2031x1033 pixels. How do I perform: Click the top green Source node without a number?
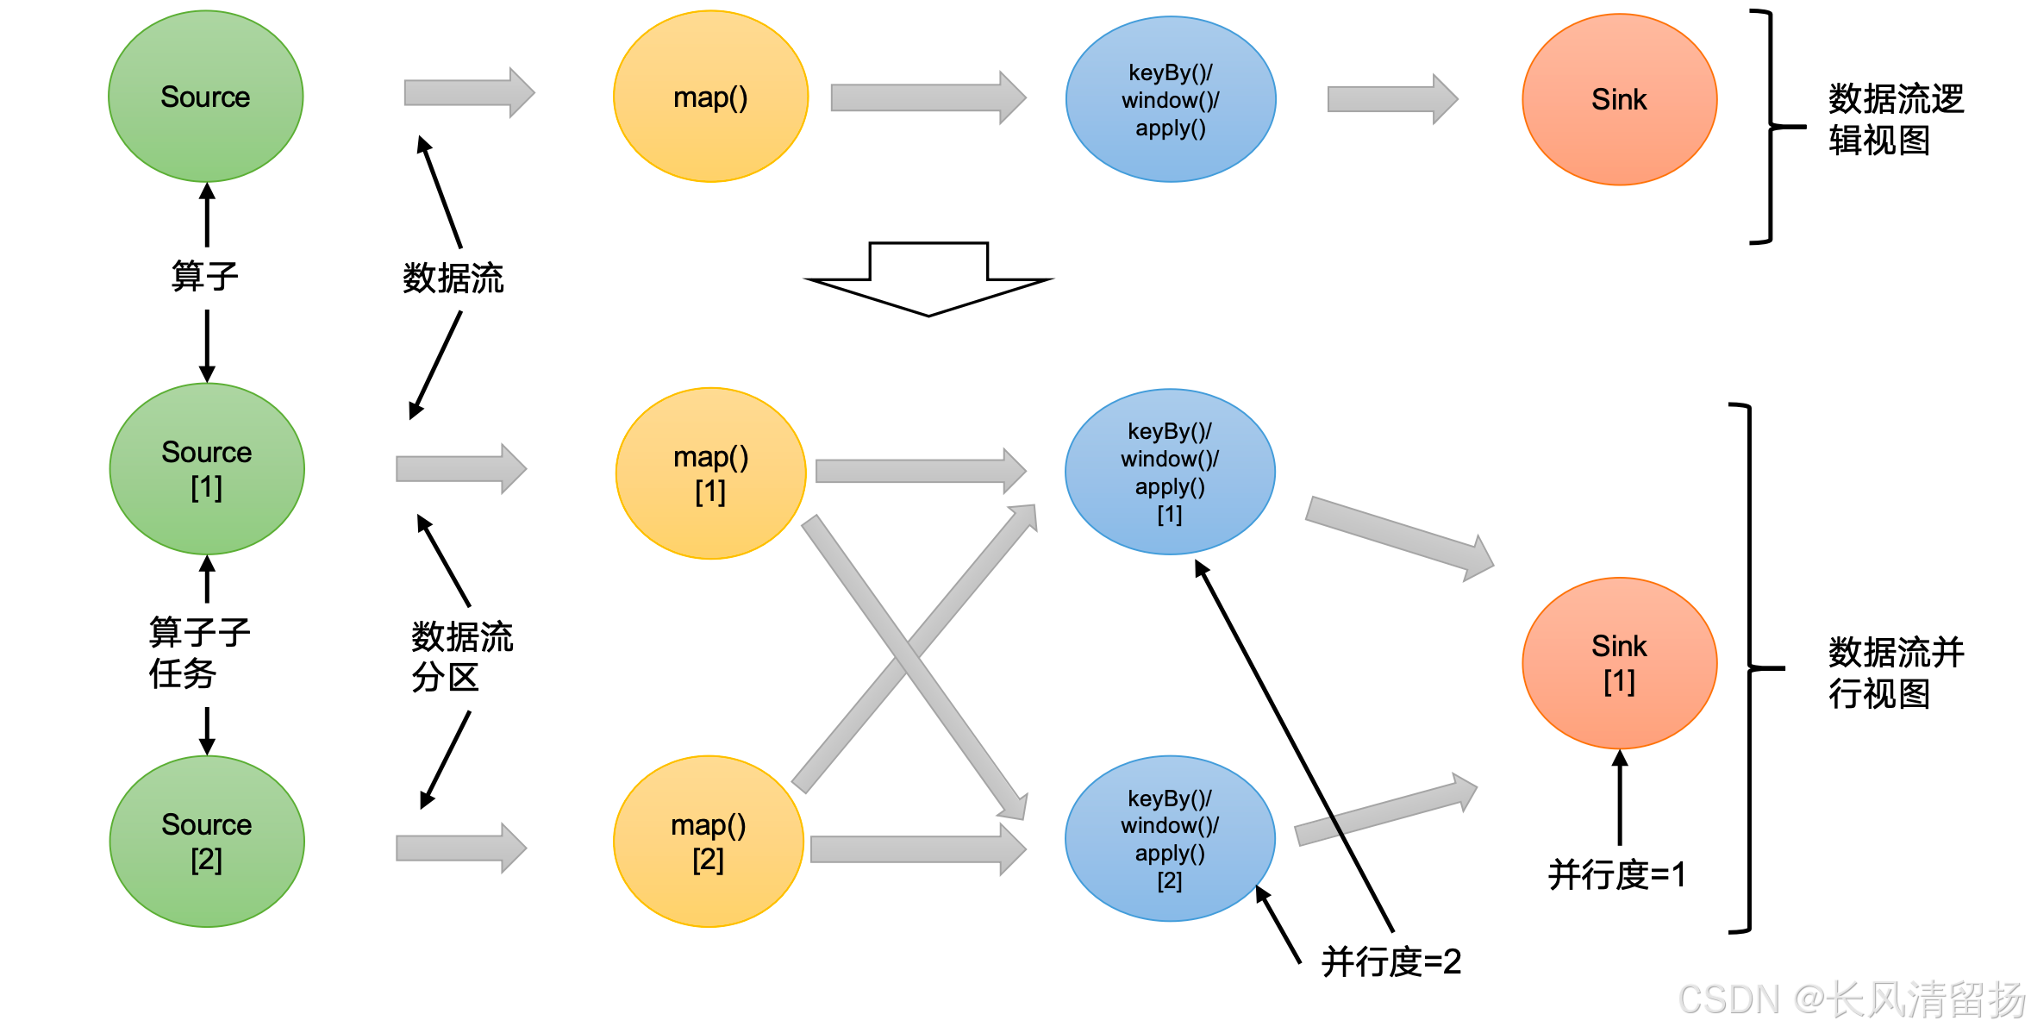205,97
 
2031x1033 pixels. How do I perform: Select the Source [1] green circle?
207,469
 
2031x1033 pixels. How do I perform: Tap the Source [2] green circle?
207,842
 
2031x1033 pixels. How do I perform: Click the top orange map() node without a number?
710,97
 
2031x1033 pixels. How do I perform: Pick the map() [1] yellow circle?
710,473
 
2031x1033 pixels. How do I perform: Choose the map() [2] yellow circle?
709,842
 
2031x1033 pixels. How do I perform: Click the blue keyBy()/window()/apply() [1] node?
1170,472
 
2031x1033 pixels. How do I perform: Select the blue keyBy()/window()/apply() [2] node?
1170,838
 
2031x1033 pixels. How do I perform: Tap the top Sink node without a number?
1619,99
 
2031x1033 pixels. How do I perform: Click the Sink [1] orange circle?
1619,663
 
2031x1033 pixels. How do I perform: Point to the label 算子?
204,277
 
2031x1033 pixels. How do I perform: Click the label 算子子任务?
198,653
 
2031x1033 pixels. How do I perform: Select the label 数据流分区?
461,657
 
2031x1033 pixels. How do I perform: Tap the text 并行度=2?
1390,961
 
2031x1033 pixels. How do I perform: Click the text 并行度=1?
1616,874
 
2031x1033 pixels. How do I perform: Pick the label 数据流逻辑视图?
1896,120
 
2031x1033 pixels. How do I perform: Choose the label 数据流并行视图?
1896,673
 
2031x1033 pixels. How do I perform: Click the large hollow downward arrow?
928,279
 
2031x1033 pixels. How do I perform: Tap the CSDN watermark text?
1852,999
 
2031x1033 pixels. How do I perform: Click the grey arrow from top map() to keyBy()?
928,97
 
